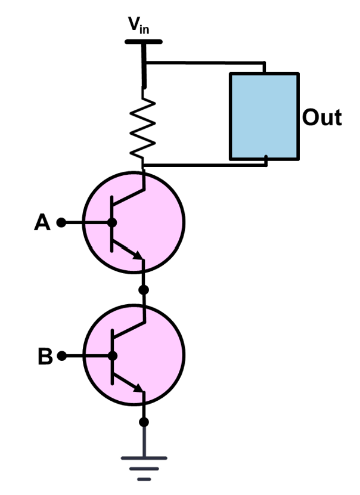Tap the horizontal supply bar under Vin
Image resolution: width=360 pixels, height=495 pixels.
tap(143, 42)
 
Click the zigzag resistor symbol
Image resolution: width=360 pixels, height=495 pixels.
tap(144, 125)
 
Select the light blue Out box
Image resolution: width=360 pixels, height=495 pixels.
tap(264, 116)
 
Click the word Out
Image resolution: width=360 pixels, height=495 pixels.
tap(321, 117)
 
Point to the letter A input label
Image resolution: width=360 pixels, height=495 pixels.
tap(42, 223)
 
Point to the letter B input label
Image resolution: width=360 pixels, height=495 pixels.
tap(45, 357)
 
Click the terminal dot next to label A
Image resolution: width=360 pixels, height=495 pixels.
tap(60, 223)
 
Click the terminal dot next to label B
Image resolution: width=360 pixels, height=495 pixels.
tap(61, 357)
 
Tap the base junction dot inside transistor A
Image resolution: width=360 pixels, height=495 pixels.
tap(111, 223)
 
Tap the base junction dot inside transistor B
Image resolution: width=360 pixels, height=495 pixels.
tap(111, 357)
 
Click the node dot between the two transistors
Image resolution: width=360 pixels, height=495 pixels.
tap(143, 290)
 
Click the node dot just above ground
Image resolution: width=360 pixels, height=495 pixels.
tap(143, 422)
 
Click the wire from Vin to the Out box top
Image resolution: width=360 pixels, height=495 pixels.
tap(203, 61)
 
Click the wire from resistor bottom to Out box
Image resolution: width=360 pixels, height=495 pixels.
tap(203, 164)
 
